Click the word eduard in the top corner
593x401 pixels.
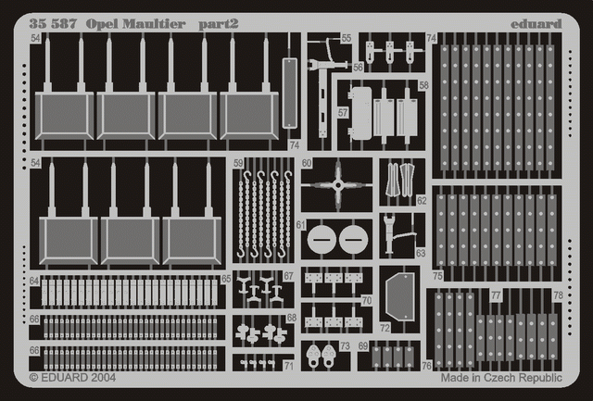click(x=536, y=24)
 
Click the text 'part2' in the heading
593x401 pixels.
click(x=219, y=25)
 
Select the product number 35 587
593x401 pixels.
click(x=53, y=24)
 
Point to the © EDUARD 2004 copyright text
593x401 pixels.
click(x=72, y=377)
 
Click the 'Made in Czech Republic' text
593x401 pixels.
click(x=501, y=378)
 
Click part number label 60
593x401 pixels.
click(x=307, y=163)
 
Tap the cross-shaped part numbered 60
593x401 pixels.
click(x=337, y=185)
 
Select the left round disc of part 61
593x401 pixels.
click(x=322, y=239)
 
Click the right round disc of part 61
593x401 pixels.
click(x=353, y=239)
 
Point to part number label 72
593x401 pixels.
click(x=385, y=328)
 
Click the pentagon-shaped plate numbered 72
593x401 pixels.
click(x=399, y=296)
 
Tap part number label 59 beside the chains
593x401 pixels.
click(x=238, y=163)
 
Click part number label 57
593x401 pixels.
click(x=343, y=113)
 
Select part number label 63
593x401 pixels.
click(x=421, y=253)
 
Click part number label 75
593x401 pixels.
click(x=437, y=276)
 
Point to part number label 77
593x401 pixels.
click(x=496, y=294)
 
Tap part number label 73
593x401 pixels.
click(x=345, y=345)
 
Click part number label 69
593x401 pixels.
click(x=363, y=345)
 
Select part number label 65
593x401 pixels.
click(x=226, y=279)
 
